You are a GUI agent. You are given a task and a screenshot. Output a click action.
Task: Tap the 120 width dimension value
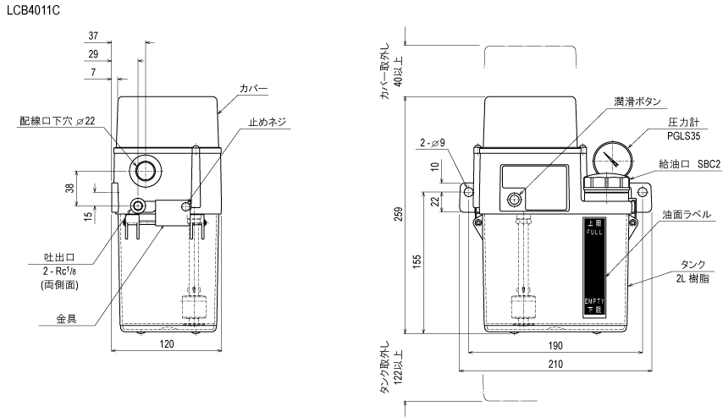click(x=167, y=344)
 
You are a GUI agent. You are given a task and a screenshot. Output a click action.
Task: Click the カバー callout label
click(x=254, y=88)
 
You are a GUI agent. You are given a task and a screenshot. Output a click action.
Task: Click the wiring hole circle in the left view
click(x=145, y=170)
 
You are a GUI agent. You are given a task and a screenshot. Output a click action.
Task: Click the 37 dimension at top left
click(x=94, y=37)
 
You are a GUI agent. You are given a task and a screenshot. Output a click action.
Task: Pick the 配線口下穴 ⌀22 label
click(x=58, y=122)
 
